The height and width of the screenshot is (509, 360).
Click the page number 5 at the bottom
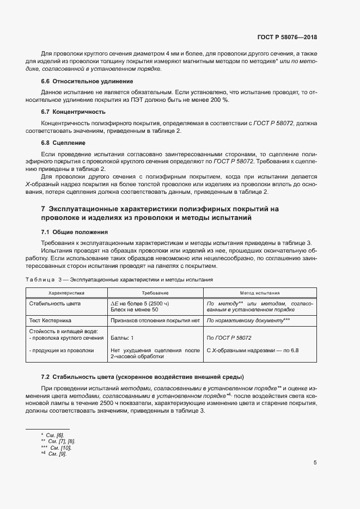[315, 463]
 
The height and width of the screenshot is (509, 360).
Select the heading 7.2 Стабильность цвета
[142, 377]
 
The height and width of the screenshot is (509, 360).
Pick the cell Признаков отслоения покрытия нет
[155, 321]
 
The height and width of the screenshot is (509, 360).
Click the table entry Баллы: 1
[122, 338]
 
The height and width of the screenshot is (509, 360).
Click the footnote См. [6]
[56, 435]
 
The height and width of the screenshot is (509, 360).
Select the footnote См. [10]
[60, 447]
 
